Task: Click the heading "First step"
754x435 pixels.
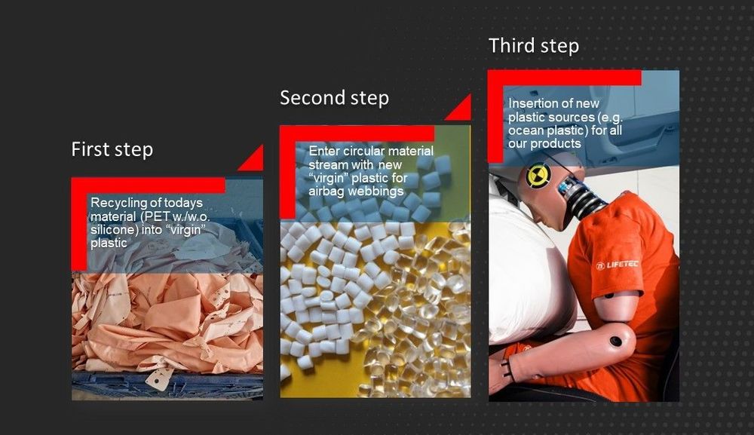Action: click(x=112, y=149)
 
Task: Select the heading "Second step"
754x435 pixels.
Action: click(x=334, y=98)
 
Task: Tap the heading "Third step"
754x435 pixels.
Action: click(x=534, y=46)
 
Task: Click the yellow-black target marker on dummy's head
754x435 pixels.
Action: click(x=538, y=176)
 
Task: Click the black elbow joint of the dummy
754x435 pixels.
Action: click(x=615, y=342)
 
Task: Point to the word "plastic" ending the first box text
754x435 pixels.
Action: click(x=109, y=244)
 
